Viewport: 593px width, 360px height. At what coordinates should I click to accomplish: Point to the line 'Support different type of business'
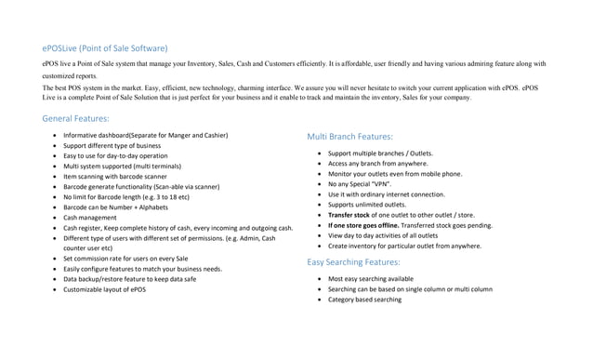[x=112, y=146]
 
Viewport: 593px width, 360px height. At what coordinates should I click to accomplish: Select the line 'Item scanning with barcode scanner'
[x=115, y=176]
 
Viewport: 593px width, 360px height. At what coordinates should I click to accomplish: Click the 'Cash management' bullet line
[x=90, y=217]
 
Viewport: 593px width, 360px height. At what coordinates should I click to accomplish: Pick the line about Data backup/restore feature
[x=129, y=279]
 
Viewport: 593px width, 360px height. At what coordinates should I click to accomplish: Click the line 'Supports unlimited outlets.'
[x=367, y=205]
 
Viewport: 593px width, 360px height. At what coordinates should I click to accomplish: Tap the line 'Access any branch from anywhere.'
[x=378, y=164]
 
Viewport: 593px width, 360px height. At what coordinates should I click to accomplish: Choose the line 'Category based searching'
[x=364, y=300]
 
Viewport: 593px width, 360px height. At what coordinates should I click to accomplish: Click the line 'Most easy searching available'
[x=371, y=279]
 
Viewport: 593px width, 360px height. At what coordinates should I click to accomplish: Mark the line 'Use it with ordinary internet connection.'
[x=386, y=194]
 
